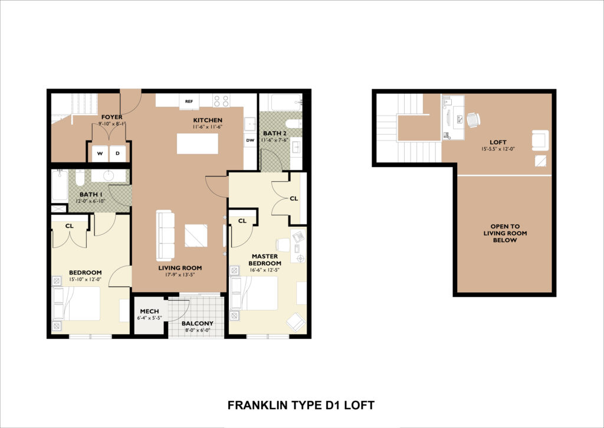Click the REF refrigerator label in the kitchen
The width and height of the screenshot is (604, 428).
coord(189,102)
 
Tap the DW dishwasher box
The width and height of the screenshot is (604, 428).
coord(250,141)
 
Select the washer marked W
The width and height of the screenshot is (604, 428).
coord(100,153)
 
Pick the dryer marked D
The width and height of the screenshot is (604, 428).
coord(117,153)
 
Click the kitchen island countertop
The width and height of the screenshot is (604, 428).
coord(198,143)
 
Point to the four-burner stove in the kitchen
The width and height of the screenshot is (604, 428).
coord(221,101)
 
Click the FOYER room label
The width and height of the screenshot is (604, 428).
coord(111,117)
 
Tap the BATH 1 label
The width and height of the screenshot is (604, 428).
coord(91,194)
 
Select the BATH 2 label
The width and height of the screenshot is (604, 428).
coord(275,133)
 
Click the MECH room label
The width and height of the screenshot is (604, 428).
coord(149,311)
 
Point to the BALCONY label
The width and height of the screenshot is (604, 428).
coord(197,324)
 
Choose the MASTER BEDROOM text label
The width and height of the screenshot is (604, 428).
coord(265,260)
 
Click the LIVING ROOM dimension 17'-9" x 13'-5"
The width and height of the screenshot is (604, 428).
coord(180,275)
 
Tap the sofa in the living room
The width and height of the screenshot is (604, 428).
coord(166,235)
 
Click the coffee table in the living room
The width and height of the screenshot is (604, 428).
coord(196,236)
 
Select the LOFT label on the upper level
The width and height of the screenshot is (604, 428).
coord(498,142)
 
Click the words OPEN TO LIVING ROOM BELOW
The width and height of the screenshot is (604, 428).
coord(505,233)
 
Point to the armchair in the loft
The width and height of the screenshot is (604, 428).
coord(540,141)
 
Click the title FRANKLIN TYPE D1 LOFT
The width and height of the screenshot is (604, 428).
coord(301,405)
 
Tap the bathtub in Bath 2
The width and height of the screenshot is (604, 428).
coord(286,102)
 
